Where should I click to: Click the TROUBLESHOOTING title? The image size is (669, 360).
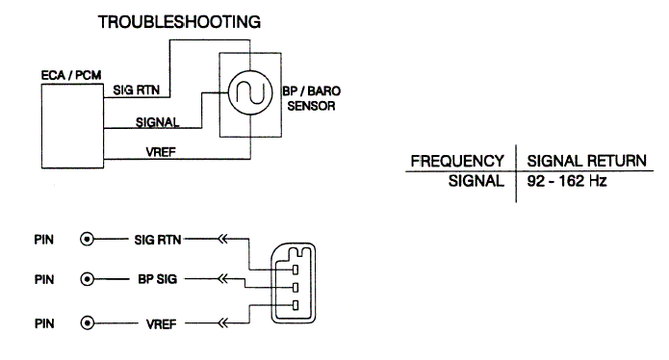(179, 22)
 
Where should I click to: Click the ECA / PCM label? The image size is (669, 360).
(71, 75)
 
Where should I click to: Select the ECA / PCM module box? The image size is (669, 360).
(72, 126)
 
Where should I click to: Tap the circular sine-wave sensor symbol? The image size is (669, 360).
(250, 92)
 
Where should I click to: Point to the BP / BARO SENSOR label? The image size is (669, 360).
(312, 98)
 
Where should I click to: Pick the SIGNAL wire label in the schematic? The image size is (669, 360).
(158, 122)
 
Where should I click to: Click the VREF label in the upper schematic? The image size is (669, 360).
(161, 152)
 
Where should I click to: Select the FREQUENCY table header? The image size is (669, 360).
(457, 161)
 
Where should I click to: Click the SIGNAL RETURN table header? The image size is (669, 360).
(586, 161)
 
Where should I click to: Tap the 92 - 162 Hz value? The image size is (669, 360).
(567, 181)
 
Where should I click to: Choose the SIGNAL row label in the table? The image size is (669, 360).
(476, 181)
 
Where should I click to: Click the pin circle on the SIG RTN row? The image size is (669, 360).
(87, 240)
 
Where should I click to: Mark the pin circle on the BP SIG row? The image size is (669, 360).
(87, 279)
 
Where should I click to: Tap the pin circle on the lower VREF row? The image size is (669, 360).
(87, 323)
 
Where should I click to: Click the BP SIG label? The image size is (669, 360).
(158, 279)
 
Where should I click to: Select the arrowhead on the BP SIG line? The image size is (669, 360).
(222, 279)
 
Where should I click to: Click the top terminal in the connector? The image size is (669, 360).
(296, 270)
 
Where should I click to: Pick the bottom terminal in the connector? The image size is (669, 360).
(296, 305)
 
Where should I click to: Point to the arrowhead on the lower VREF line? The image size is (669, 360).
(222, 323)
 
